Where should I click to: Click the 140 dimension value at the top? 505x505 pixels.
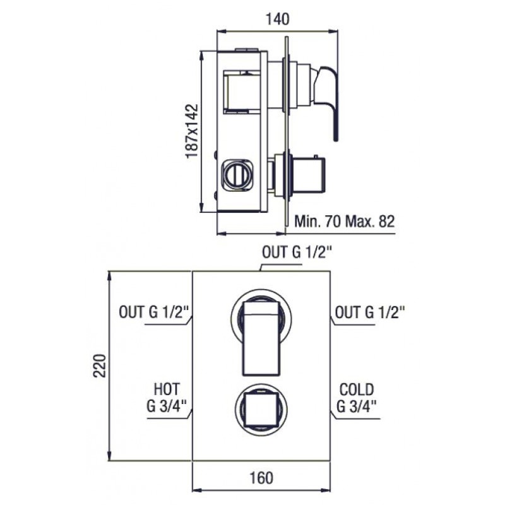(x=277, y=19)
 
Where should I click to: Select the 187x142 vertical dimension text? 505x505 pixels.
(x=192, y=131)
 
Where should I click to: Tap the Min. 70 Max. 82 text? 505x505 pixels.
(x=344, y=222)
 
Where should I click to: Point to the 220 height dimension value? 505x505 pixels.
(x=100, y=365)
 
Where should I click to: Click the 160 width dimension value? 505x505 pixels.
(x=261, y=478)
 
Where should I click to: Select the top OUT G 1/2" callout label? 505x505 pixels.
(x=297, y=252)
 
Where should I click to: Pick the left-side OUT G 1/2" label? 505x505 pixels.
(x=155, y=312)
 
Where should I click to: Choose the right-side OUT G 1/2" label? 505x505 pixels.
(x=370, y=312)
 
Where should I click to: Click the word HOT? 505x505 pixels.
(x=167, y=389)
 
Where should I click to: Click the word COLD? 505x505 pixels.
(x=357, y=389)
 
